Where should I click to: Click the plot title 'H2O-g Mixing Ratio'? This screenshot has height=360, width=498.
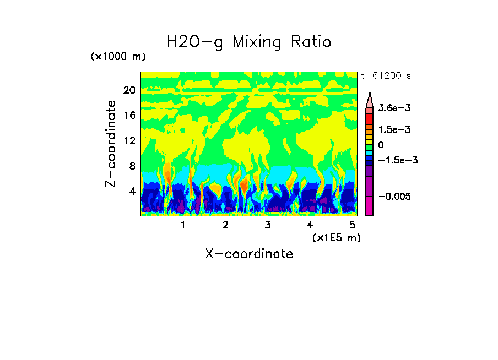(249, 42)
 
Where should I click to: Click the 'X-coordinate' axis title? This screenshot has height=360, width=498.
(249, 254)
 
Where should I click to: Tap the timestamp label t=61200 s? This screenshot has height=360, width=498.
(386, 76)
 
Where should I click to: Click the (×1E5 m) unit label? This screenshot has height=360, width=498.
(336, 238)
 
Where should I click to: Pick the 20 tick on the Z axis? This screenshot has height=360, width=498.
(129, 90)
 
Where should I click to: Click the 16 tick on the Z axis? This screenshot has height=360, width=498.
(129, 116)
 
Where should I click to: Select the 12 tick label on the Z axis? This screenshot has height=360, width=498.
(129, 141)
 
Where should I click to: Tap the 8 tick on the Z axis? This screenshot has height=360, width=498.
(132, 166)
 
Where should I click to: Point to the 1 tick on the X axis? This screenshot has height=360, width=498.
(183, 225)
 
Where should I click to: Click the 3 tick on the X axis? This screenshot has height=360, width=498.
(268, 225)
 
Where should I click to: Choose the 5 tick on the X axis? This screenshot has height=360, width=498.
(352, 225)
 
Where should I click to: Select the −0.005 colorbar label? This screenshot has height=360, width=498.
(392, 197)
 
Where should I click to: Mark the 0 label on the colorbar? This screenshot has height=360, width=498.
(381, 145)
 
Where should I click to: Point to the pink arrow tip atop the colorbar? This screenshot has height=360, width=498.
(370, 99)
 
